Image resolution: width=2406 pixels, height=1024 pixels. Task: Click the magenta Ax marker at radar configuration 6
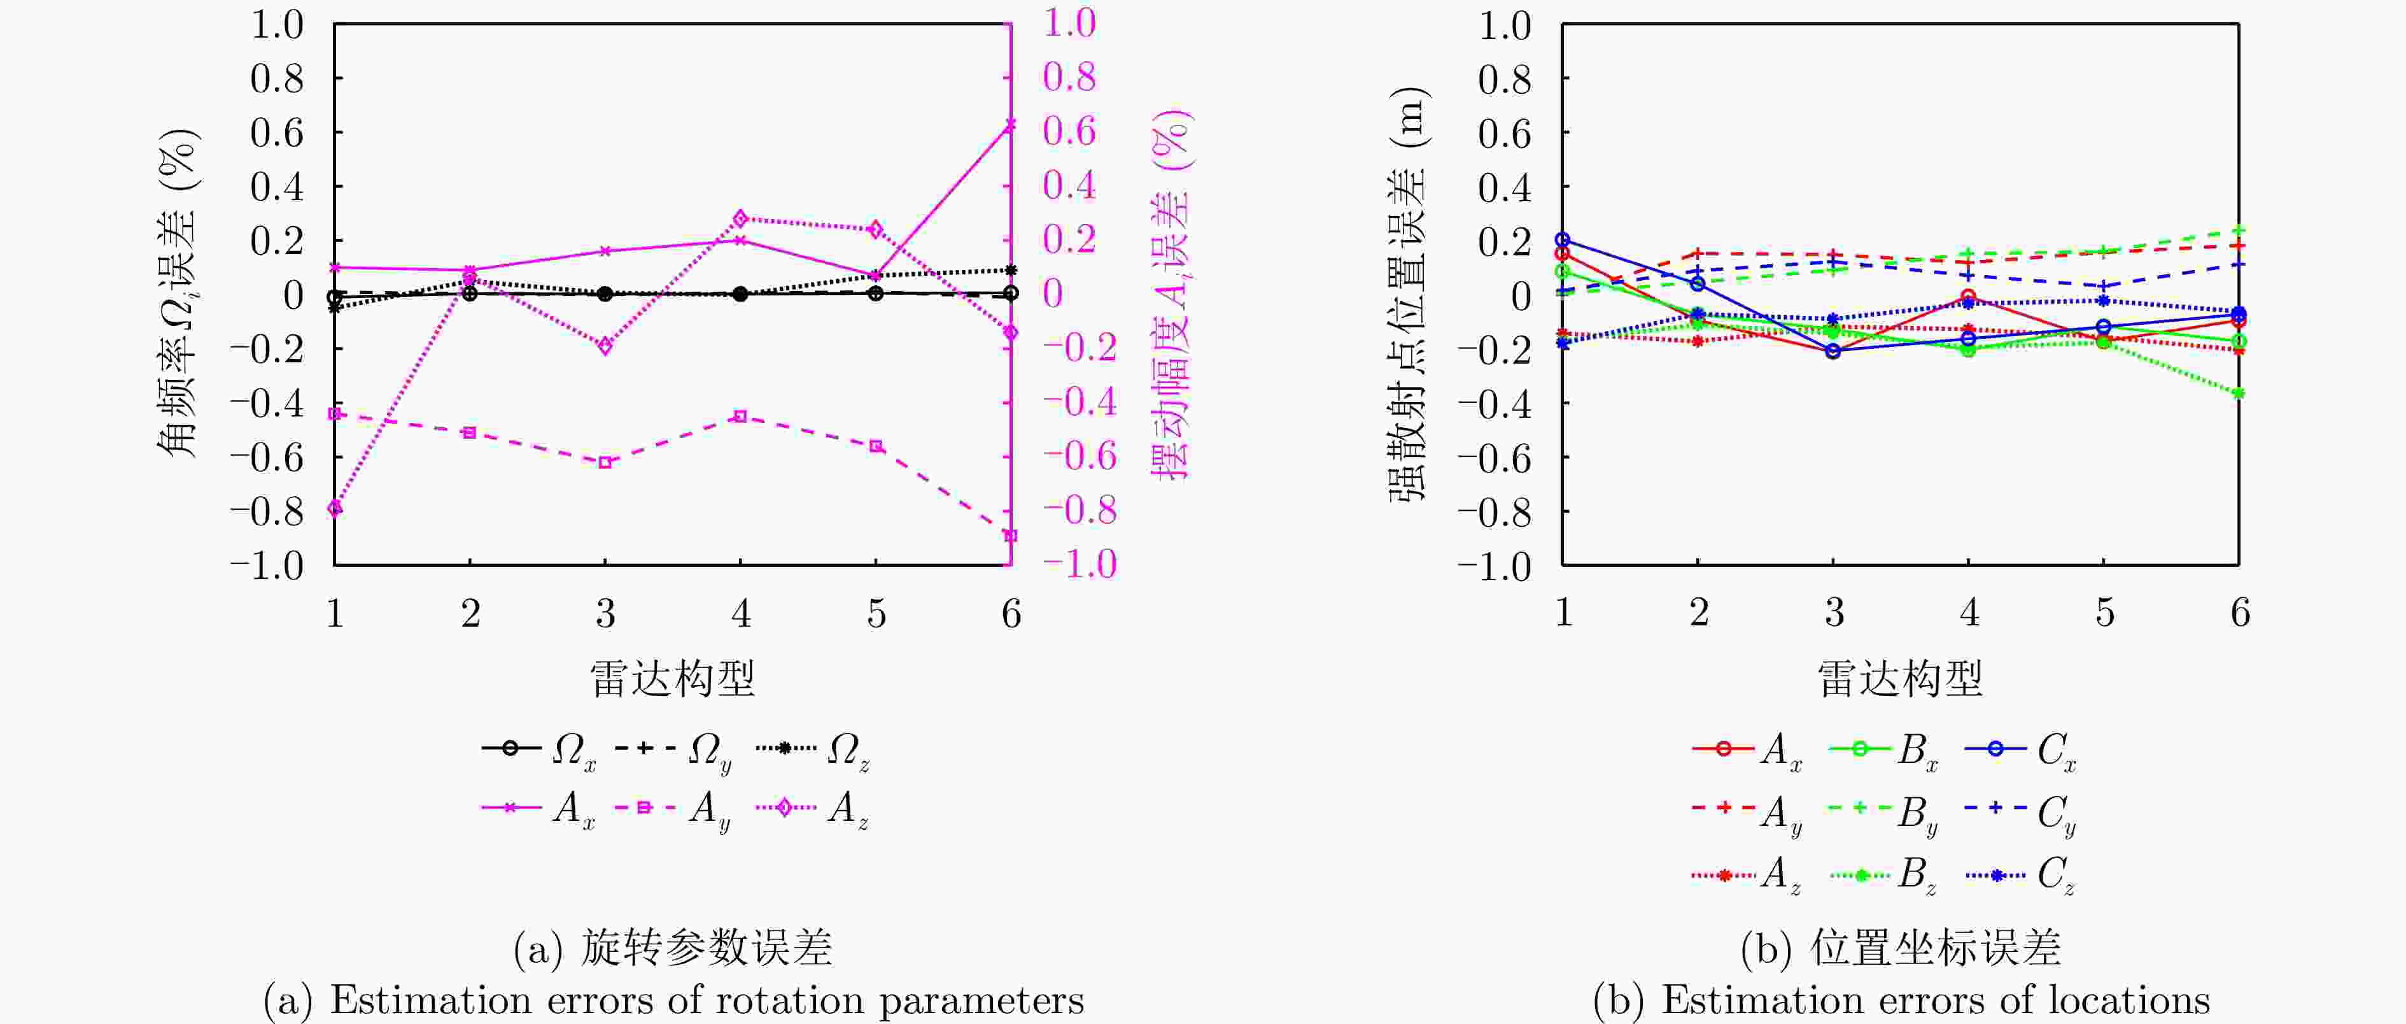pos(1010,124)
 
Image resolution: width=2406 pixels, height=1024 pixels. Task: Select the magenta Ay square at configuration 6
pos(1010,536)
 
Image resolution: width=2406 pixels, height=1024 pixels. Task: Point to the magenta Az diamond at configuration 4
pos(741,218)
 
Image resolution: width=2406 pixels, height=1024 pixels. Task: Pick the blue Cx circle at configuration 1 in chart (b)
pos(1563,240)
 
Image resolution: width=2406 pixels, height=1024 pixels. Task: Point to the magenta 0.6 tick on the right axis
pos(1069,131)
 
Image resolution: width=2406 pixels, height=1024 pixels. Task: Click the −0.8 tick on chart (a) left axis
pos(267,511)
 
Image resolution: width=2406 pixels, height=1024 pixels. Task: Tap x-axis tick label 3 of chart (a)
pos(605,614)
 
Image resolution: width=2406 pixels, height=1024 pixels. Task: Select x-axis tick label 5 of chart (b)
pos(2104,613)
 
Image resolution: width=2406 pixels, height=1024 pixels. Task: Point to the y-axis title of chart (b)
pos(1407,294)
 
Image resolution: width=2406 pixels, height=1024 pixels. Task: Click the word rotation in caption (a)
pos(790,1000)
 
